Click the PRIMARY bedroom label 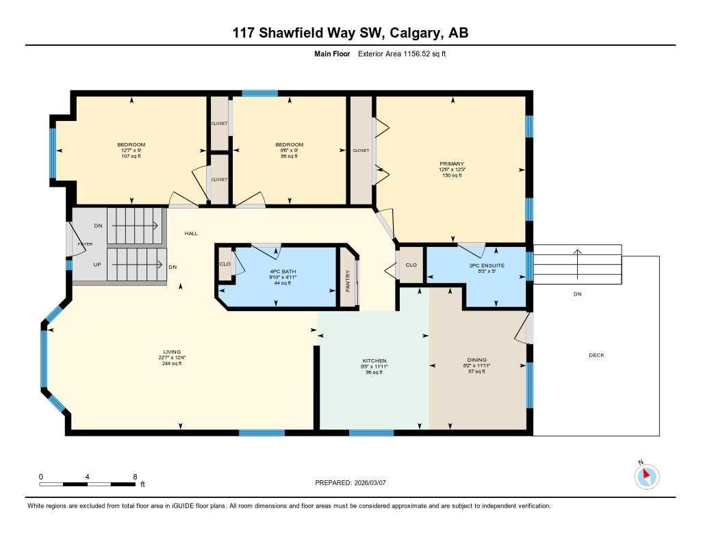[450, 164]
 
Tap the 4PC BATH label [283, 271]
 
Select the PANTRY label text [348, 280]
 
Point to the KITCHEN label [374, 360]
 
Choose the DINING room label [476, 360]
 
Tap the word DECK [596, 355]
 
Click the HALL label [191, 233]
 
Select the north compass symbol [646, 476]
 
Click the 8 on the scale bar [135, 477]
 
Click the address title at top [350, 33]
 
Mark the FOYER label [85, 243]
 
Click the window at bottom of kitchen [371, 433]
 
